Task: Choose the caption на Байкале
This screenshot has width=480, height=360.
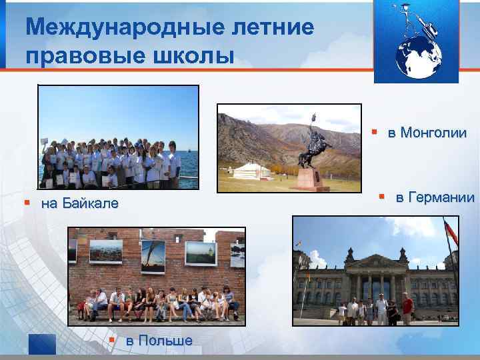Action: click(x=79, y=203)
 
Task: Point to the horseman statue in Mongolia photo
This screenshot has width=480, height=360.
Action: click(x=313, y=143)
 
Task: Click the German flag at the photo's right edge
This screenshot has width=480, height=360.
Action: click(x=451, y=233)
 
